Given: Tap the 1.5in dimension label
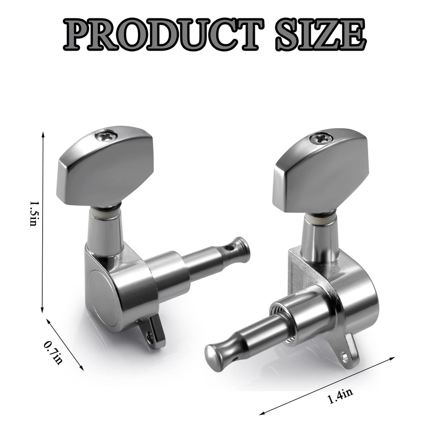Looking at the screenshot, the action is (33, 214).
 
